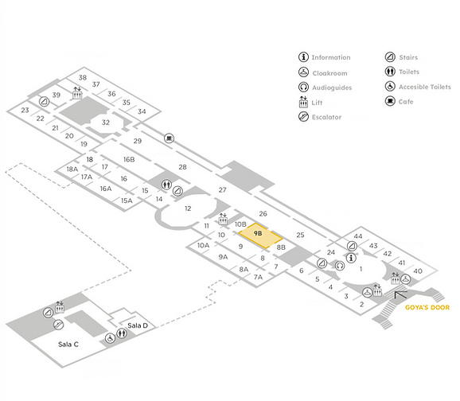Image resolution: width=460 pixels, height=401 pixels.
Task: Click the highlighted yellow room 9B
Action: coord(260,236)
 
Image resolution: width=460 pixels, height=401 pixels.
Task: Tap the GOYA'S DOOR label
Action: coord(427,307)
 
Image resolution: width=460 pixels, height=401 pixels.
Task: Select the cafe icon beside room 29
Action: coord(169,138)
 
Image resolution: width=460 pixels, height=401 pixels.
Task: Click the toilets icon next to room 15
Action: coord(166,185)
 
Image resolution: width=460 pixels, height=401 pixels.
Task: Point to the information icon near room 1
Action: coord(351,258)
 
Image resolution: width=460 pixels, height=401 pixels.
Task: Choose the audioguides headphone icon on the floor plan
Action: coord(340,266)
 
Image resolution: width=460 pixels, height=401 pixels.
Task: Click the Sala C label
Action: coord(68,345)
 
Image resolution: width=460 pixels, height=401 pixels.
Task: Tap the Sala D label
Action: coord(138,325)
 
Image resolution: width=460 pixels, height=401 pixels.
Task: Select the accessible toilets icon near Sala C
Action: coord(110,338)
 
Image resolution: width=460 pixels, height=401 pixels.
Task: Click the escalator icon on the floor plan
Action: coord(58,325)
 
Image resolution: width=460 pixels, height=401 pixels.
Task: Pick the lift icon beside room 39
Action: coord(77,93)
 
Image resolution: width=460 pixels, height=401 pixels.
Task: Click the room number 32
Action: coord(106,123)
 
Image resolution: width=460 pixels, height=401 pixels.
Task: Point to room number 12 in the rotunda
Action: coord(188,208)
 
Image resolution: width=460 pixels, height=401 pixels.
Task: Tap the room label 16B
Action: coord(129,159)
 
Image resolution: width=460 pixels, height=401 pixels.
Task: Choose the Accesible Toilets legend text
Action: coord(425,87)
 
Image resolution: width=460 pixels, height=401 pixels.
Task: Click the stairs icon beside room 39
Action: coord(45,102)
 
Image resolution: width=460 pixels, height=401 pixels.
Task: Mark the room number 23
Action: coord(25,110)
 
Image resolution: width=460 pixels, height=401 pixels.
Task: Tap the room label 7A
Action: coord(258,277)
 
